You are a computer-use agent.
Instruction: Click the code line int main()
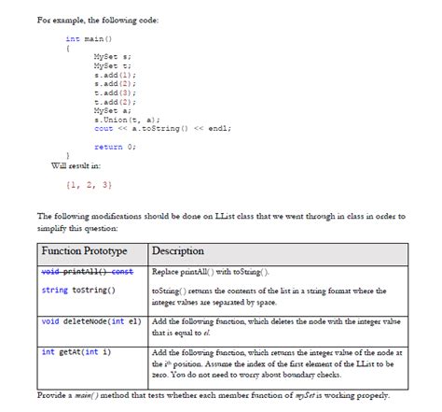(x=89, y=39)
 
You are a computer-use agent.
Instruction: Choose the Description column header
(x=177, y=251)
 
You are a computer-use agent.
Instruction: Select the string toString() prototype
(x=78, y=291)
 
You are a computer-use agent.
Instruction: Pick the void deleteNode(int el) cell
(x=90, y=321)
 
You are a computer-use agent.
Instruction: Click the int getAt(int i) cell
(x=76, y=352)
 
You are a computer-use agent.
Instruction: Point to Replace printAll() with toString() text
(x=209, y=272)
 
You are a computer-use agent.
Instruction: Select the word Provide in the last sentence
(x=51, y=395)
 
